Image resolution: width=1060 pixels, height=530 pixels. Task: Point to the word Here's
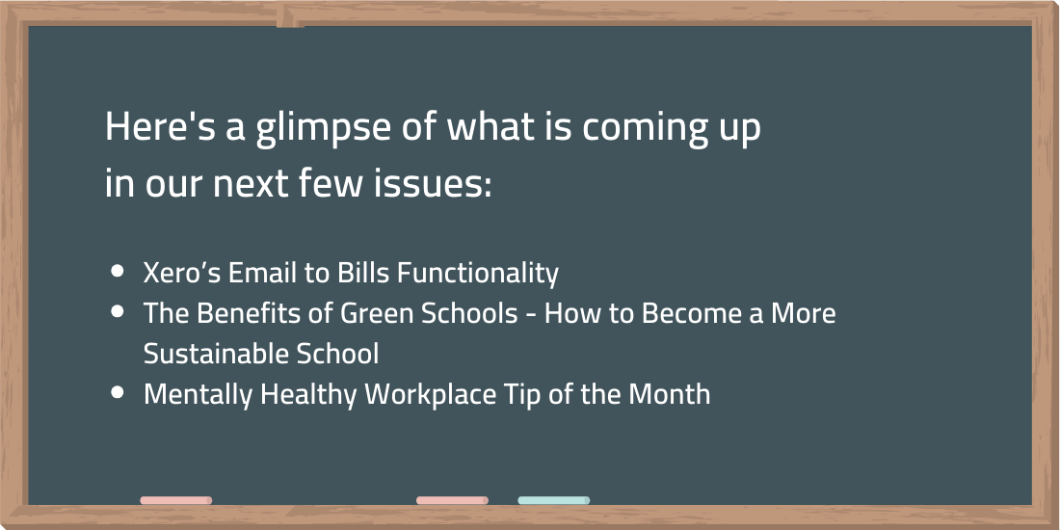(161, 126)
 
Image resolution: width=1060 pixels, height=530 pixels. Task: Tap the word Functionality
(477, 274)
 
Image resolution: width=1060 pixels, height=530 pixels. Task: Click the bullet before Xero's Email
(118, 271)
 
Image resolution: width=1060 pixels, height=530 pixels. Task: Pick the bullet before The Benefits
(118, 311)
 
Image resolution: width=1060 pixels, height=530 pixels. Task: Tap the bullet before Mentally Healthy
(118, 392)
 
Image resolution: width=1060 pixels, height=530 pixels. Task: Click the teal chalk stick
(554, 500)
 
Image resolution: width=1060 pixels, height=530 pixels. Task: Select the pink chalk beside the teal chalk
(452, 500)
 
